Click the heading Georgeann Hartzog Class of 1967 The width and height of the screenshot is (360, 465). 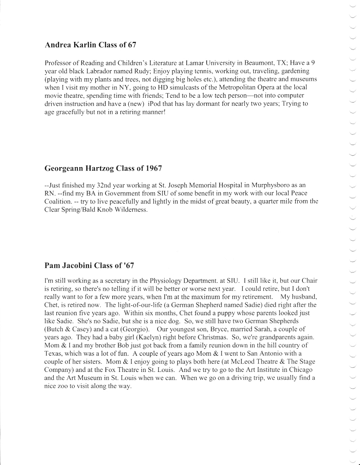coord(103,168)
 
